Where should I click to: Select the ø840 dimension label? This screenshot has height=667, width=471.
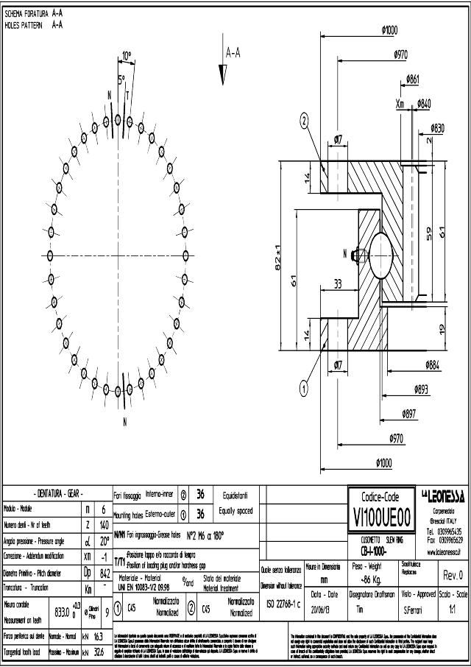(x=424, y=104)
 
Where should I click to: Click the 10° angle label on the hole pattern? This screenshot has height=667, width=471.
(x=127, y=55)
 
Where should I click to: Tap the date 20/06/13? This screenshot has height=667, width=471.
(x=324, y=609)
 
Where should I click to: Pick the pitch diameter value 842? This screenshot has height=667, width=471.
(x=105, y=571)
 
